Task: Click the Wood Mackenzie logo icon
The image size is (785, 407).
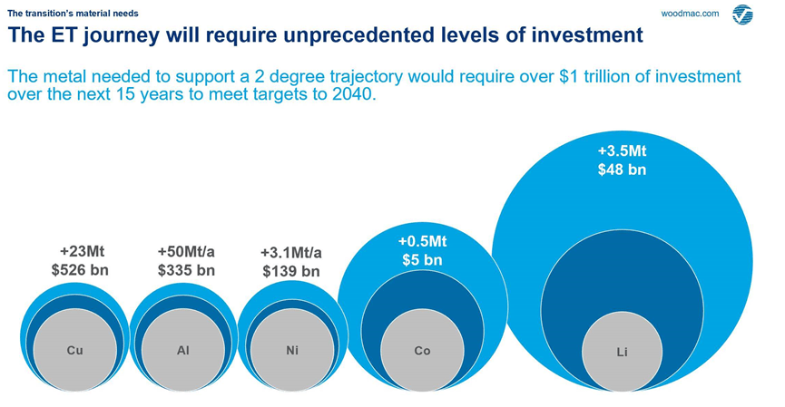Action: click(x=742, y=15)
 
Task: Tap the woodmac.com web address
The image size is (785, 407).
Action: click(x=690, y=14)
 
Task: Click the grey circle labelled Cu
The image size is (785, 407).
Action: click(x=74, y=350)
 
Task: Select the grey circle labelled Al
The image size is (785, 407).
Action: click(x=183, y=350)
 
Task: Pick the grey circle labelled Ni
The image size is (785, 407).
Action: click(x=291, y=350)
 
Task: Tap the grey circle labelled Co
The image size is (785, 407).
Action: click(x=422, y=351)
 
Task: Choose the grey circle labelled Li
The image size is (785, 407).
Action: click(x=622, y=352)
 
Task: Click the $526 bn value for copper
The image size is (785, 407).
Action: click(x=80, y=269)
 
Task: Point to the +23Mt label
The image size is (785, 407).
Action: click(x=82, y=251)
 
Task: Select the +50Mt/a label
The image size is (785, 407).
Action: click(x=186, y=251)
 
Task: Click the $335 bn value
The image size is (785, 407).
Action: click(x=186, y=269)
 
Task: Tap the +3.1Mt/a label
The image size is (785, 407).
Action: click(x=290, y=253)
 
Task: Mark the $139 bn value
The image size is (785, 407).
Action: click(x=290, y=271)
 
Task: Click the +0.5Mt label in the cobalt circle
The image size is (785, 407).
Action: click(x=422, y=242)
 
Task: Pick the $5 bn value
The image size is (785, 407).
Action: click(x=422, y=260)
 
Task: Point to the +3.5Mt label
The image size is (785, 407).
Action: click(x=622, y=150)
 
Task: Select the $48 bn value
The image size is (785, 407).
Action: click(x=622, y=169)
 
